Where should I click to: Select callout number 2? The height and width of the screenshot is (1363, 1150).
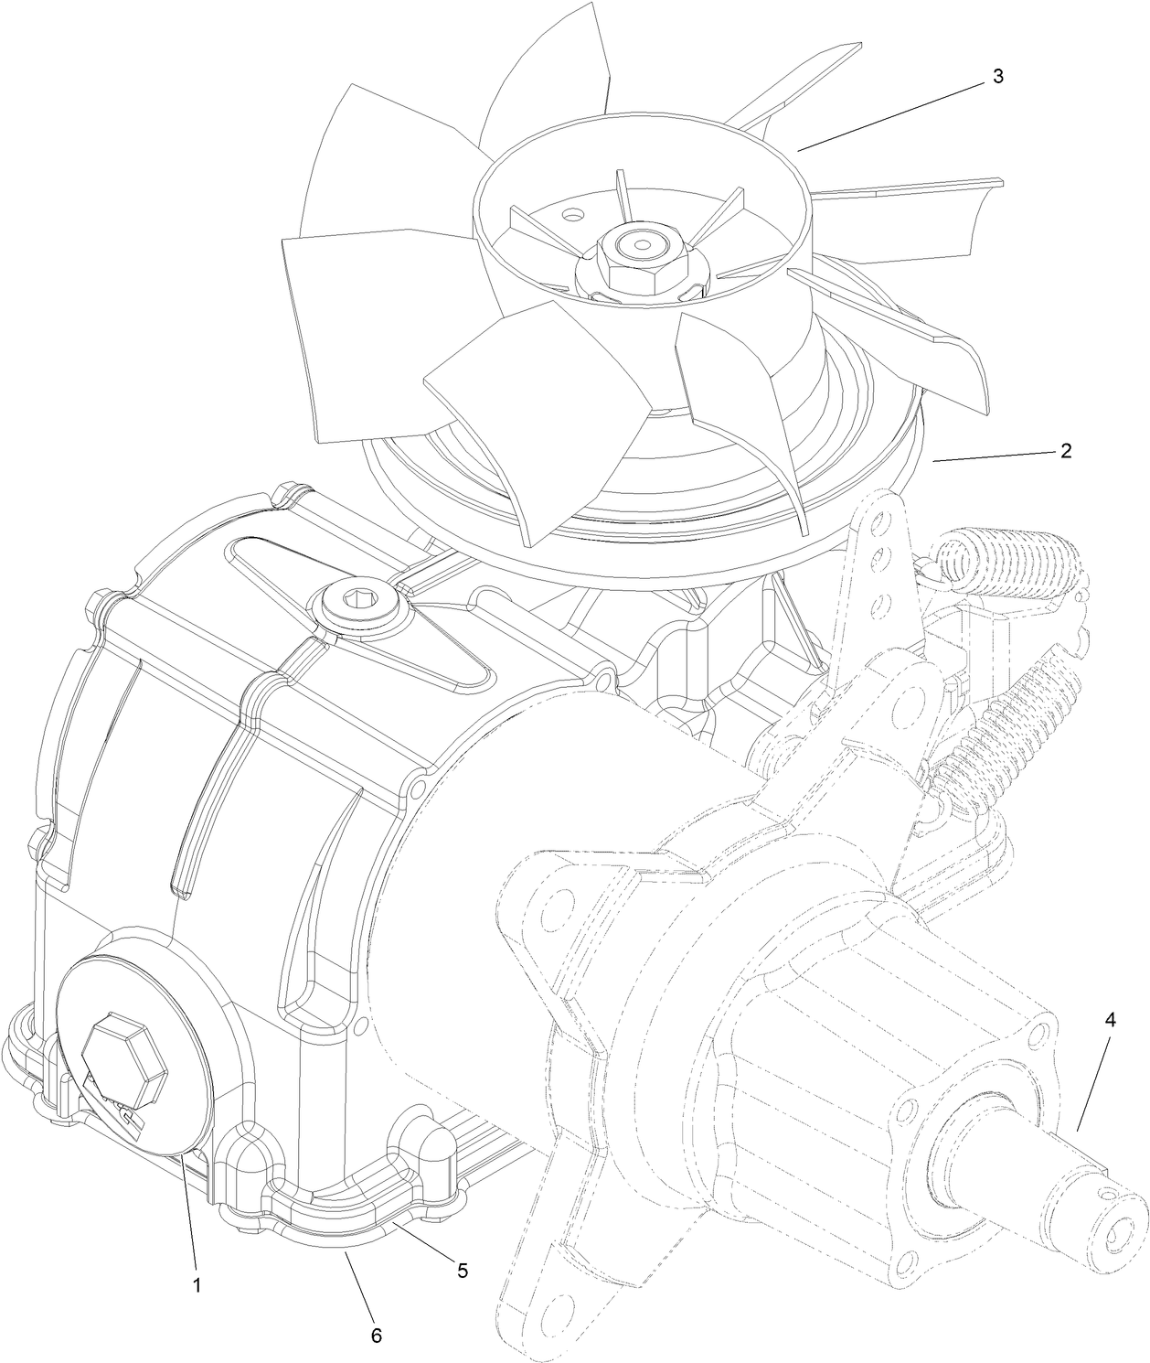click(x=1066, y=451)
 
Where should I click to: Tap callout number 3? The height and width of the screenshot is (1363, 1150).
click(x=998, y=77)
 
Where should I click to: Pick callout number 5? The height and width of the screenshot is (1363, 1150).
click(x=462, y=1270)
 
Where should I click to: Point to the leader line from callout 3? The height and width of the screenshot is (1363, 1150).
click(x=891, y=113)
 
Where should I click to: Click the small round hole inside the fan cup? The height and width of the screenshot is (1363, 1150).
click(x=572, y=217)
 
